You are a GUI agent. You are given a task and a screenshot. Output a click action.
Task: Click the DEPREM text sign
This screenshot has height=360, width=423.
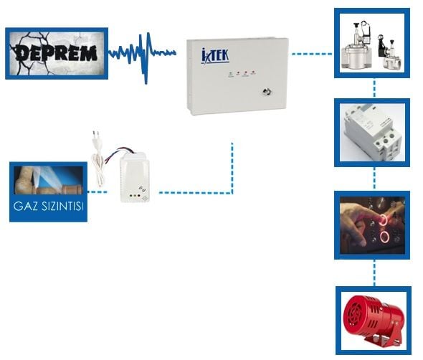coord(56,53)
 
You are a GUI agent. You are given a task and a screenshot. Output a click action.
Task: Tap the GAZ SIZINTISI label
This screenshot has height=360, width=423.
coord(48,207)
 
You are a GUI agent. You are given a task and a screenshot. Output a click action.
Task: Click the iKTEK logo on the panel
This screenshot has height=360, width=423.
coord(215,56)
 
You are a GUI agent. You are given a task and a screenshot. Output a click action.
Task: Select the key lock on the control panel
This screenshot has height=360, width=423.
coord(266,92)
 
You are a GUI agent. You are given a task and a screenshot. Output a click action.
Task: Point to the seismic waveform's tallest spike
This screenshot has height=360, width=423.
coord(146,58)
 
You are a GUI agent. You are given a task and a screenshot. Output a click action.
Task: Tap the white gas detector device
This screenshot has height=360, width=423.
coord(135,177)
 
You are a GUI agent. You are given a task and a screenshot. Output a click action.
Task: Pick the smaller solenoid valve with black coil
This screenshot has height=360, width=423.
coord(389,53)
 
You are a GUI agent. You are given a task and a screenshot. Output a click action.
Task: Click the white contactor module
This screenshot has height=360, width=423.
coord(372,133)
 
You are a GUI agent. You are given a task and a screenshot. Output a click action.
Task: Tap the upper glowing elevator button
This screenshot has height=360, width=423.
coord(384,219)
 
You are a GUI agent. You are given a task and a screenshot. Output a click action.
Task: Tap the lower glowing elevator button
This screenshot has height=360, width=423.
coord(384,237)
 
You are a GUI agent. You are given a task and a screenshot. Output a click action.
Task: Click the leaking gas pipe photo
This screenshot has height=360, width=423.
coord(48,180)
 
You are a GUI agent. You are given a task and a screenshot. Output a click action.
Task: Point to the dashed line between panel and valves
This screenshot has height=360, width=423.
coord(312,54)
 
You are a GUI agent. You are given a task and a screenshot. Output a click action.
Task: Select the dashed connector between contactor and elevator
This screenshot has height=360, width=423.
coord(374,179)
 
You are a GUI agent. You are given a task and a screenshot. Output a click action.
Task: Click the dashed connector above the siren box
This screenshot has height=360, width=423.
coord(374,273)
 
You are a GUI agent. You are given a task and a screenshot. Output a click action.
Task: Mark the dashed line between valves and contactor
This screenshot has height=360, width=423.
coord(374,88)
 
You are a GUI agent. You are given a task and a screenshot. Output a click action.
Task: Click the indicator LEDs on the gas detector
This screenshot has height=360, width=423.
coord(135,195)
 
